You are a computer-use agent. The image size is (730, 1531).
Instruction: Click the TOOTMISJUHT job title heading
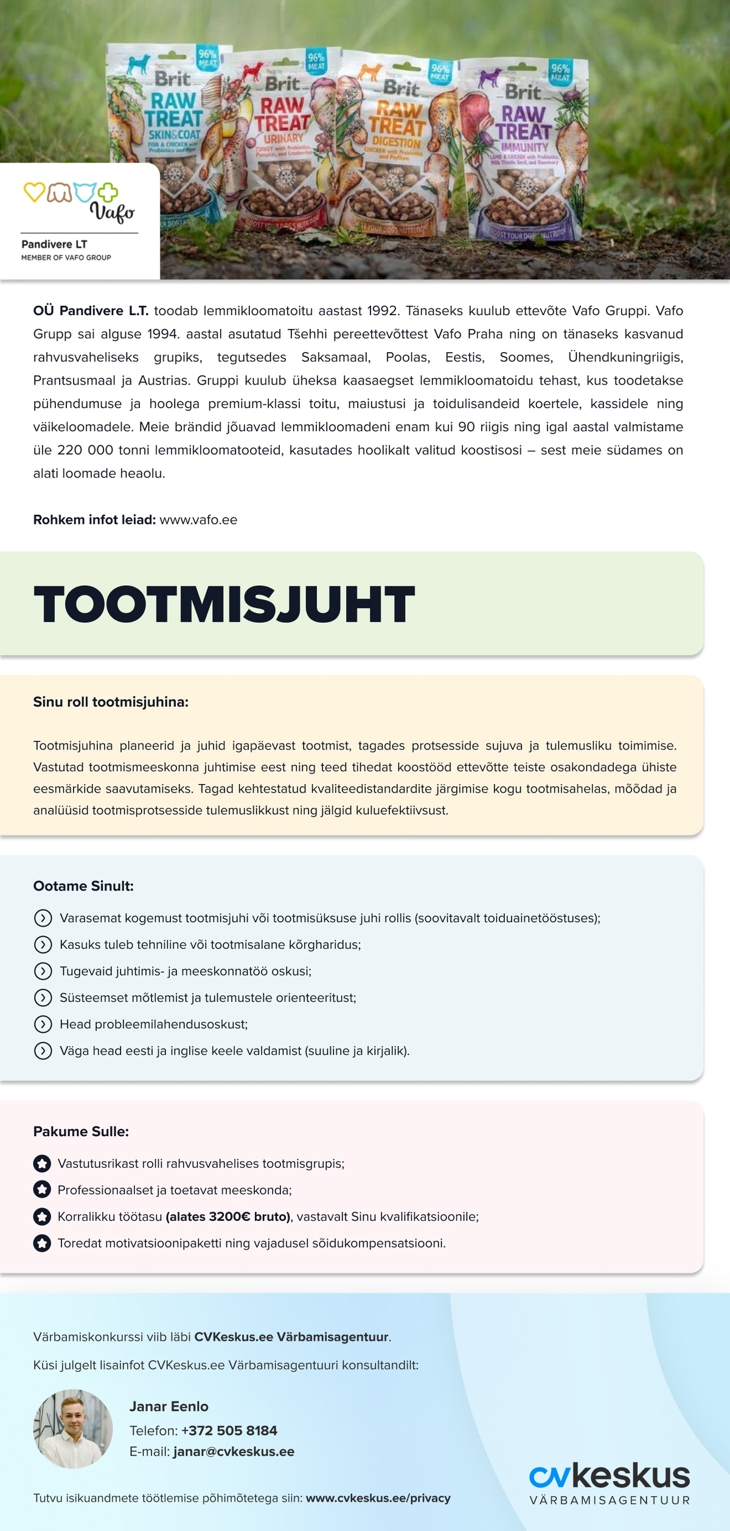click(x=224, y=605)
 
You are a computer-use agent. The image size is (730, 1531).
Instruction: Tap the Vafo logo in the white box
click(x=79, y=200)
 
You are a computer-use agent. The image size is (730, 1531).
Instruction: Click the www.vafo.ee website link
click(x=198, y=520)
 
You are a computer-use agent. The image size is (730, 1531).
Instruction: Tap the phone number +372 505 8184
click(x=229, y=1430)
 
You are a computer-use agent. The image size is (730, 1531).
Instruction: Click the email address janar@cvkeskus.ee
click(x=234, y=1451)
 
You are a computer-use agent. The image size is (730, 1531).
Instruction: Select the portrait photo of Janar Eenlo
click(x=73, y=1428)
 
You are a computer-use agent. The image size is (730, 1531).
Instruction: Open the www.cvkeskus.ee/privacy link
click(x=378, y=1498)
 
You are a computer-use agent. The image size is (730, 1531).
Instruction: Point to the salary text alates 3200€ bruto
click(x=228, y=1217)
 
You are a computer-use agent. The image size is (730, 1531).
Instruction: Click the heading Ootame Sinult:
click(x=83, y=886)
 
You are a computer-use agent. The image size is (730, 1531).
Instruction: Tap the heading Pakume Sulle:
click(x=81, y=1131)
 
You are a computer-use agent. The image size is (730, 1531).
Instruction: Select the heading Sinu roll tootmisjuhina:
click(x=111, y=702)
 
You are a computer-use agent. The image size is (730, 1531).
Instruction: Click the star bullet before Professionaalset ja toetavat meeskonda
click(x=42, y=1190)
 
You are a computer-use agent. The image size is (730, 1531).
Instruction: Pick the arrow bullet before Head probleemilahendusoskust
click(x=43, y=1024)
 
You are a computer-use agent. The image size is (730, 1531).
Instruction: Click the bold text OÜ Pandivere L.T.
click(x=91, y=311)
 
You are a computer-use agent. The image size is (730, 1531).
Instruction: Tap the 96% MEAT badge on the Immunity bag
click(x=560, y=72)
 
